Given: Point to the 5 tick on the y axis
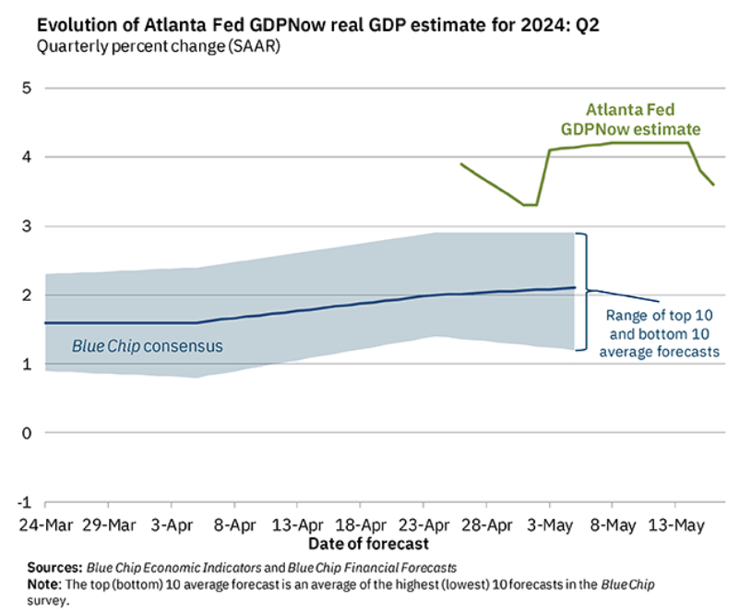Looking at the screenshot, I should coord(27,89).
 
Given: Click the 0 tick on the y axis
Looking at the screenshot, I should coord(27,434).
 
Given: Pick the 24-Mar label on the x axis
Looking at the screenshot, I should coord(45,525).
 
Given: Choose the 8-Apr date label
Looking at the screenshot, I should coord(233,525).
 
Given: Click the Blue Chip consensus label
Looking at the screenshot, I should coord(148,346).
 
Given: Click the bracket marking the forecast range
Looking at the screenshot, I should coord(584,291).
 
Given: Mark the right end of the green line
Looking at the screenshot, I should coord(713,185).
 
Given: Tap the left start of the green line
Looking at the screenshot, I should coord(461,164).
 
